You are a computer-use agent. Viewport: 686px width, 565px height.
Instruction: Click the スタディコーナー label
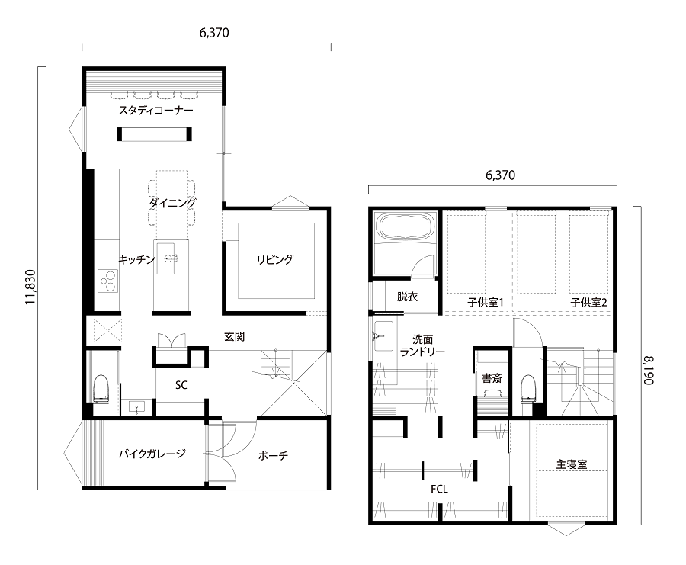(155, 111)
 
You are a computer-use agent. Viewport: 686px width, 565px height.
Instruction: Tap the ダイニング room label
(172, 203)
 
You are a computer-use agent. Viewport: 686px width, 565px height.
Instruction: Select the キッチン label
(137, 259)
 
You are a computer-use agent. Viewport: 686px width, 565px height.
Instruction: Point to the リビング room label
(274, 259)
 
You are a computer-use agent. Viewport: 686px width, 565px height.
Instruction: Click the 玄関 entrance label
(235, 336)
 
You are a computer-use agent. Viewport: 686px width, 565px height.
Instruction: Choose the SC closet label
(181, 385)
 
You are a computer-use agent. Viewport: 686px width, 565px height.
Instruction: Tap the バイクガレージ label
(152, 454)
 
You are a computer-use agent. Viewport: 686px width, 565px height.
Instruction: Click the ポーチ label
(273, 456)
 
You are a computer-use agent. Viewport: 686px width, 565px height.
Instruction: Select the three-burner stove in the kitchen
(107, 281)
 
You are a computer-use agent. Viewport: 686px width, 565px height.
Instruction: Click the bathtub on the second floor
(406, 227)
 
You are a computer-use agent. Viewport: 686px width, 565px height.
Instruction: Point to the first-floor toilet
(101, 388)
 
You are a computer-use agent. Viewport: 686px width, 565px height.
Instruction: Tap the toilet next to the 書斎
(528, 388)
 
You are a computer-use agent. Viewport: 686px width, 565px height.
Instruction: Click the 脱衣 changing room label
(407, 297)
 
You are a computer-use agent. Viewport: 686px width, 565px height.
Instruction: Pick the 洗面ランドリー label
(422, 345)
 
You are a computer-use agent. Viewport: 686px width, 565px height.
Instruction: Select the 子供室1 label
(486, 302)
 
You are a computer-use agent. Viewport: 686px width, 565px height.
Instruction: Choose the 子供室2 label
(588, 302)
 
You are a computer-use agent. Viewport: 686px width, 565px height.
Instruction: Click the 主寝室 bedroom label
(572, 464)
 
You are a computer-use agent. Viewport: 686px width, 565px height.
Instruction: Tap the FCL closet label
(439, 489)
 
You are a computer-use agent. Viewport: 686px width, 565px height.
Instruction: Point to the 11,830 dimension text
(30, 287)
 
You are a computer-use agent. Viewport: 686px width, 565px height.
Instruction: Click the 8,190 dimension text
(649, 371)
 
